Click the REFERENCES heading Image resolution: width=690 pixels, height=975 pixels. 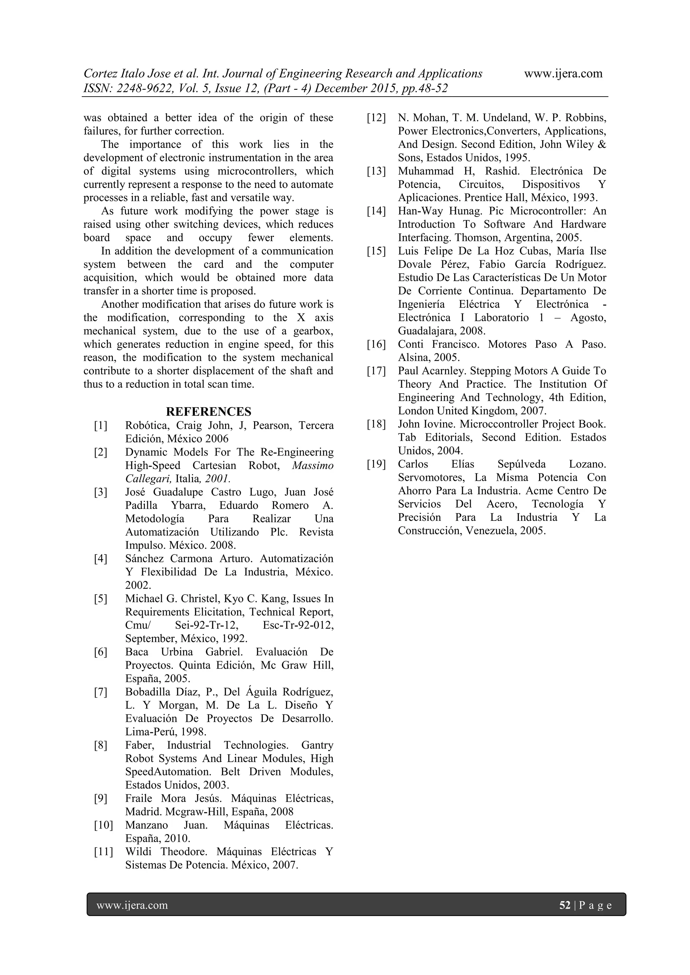click(x=208, y=411)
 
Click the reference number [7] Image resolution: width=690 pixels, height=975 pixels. click(x=101, y=692)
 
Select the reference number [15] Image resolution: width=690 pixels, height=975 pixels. click(x=376, y=251)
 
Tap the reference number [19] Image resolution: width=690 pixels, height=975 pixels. click(x=376, y=464)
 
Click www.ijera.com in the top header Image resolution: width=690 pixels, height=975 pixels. click(x=563, y=73)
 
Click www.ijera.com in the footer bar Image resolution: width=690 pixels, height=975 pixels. click(x=132, y=905)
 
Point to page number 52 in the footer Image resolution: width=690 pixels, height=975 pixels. click(x=565, y=905)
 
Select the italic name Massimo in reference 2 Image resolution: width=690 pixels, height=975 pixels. click(x=313, y=465)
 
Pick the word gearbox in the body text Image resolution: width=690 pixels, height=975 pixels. click(x=312, y=331)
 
